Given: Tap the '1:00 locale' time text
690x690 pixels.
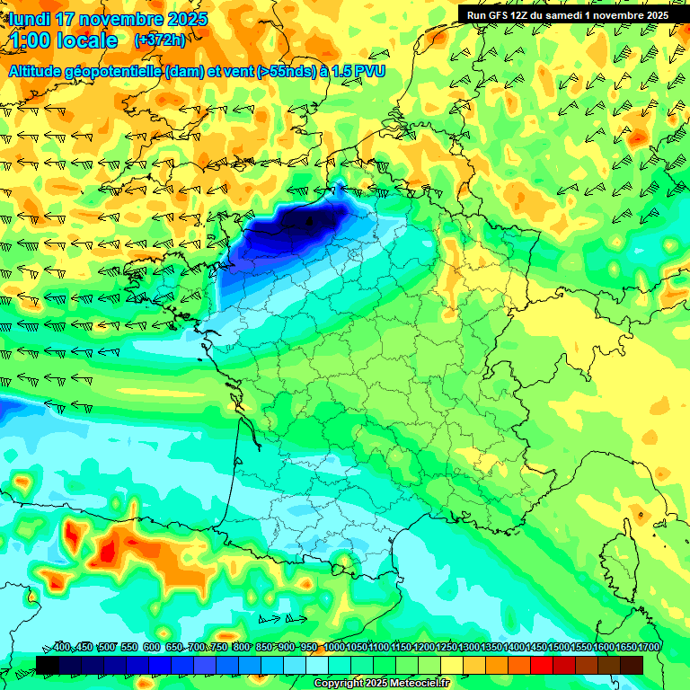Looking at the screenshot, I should click(x=64, y=40).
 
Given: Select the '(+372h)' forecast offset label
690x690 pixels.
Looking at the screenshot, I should click(x=160, y=40).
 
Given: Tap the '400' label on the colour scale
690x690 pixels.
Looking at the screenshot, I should click(x=62, y=648).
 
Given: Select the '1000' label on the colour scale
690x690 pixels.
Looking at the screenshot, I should click(x=334, y=648).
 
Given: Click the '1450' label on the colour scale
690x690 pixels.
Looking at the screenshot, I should click(x=536, y=648).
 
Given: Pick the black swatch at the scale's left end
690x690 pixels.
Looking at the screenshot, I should click(x=48, y=664).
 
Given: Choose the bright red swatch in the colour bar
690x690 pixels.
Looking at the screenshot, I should click(x=542, y=664).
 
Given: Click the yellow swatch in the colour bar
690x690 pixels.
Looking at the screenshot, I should click(x=452, y=664).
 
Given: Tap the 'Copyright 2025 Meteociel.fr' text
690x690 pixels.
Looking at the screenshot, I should click(x=381, y=684).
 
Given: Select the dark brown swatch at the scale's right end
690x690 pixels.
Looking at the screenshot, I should click(x=632, y=664).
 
